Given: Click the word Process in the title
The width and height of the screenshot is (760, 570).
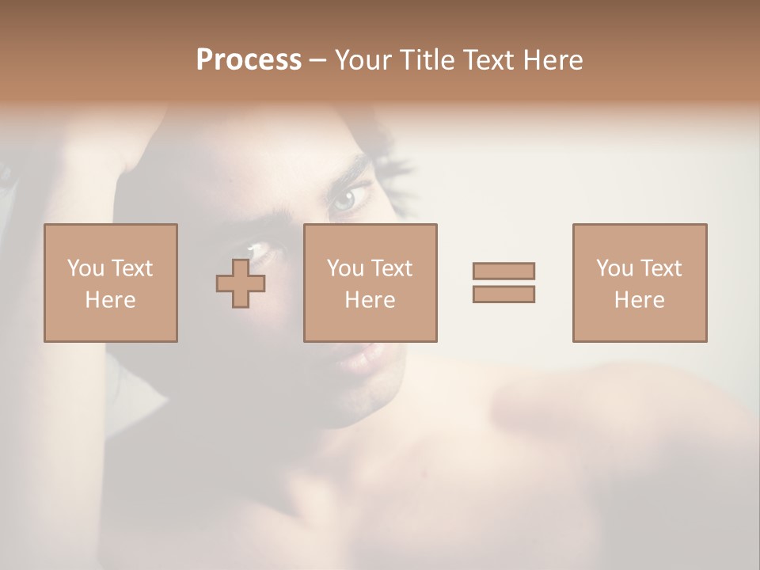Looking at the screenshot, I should (249, 60).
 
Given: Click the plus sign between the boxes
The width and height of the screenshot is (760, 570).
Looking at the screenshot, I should (241, 283).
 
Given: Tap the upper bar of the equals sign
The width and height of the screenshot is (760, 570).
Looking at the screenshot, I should (503, 271).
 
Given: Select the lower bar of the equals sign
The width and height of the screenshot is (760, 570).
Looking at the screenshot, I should (503, 294).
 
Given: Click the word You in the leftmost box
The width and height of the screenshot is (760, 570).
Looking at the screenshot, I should (85, 268).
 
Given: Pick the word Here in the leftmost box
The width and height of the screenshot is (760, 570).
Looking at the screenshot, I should (110, 300).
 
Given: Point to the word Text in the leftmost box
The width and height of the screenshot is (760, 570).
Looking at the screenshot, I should (131, 268).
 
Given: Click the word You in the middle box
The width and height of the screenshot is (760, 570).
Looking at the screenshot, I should (344, 268).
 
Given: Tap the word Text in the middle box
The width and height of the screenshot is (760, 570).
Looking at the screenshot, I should (391, 268).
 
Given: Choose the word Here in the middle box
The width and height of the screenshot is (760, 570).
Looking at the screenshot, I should (370, 300).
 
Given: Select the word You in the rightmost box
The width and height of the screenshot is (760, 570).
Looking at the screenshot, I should (614, 268).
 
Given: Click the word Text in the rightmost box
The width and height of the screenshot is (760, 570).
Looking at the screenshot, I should (660, 268).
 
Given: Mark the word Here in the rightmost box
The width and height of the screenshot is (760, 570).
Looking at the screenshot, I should (639, 300).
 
